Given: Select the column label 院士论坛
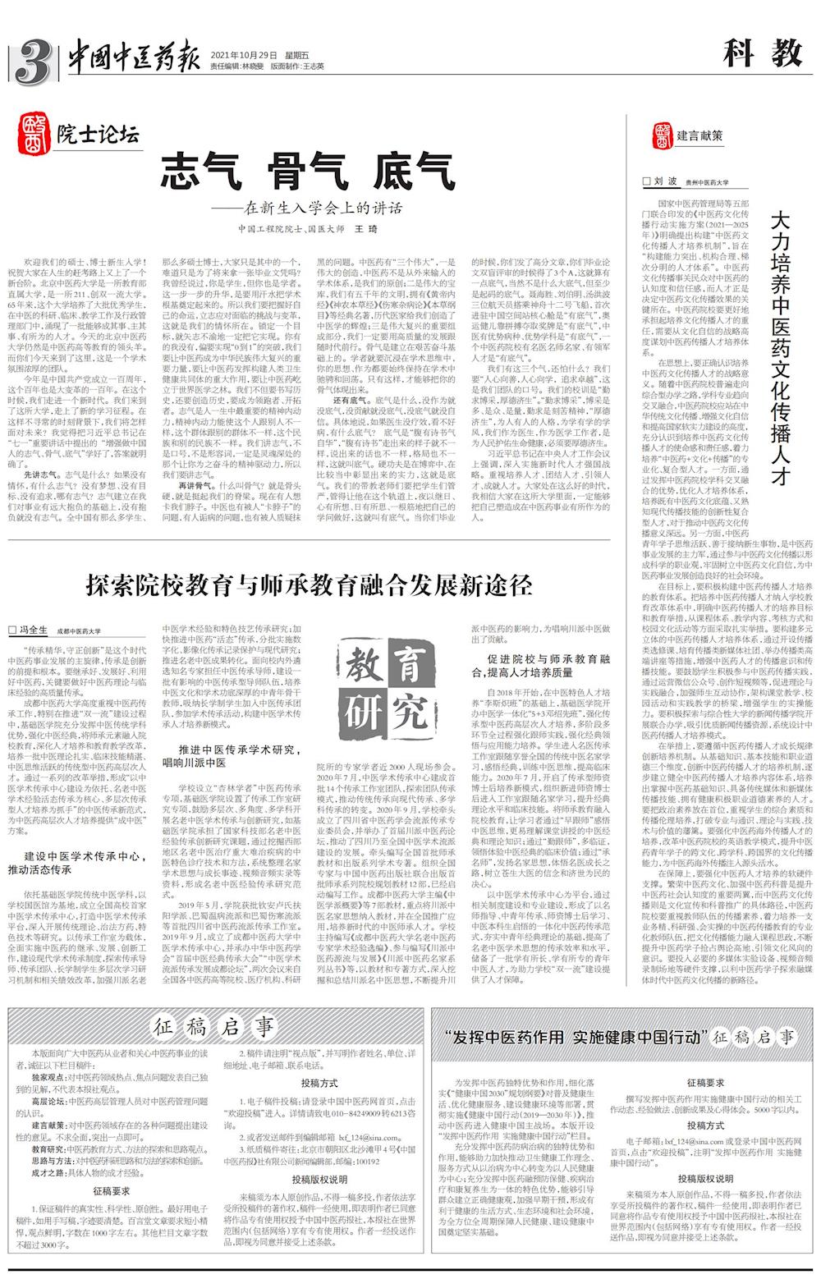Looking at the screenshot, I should (98, 133).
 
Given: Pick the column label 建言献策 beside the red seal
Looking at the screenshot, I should (699, 135).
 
